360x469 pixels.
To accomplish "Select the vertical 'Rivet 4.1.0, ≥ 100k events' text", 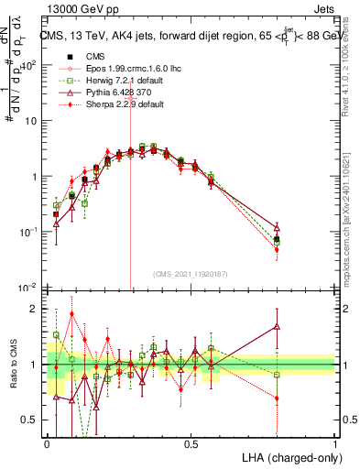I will tap(352, 82).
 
